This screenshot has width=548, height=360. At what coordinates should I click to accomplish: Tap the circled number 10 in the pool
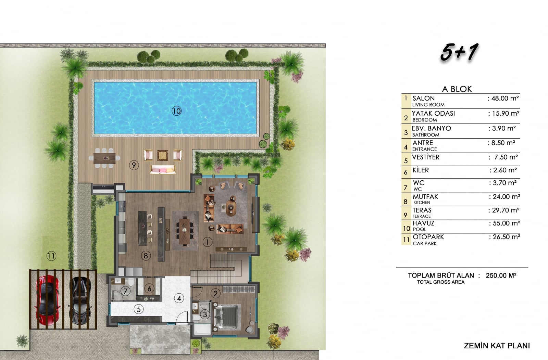click(x=176, y=111)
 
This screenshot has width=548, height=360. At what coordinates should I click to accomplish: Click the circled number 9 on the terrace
click(x=134, y=165)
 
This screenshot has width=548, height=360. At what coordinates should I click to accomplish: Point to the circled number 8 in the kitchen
click(x=146, y=256)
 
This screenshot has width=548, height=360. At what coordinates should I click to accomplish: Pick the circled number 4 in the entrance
click(x=179, y=298)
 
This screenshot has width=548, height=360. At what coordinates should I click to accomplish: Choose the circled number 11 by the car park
click(x=51, y=256)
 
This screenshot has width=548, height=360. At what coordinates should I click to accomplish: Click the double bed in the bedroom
click(x=226, y=317)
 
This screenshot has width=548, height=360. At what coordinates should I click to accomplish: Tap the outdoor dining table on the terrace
click(x=104, y=158)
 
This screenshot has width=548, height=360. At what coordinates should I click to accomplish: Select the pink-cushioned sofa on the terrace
click(x=163, y=169)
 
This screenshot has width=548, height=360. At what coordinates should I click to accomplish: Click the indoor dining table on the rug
click(x=185, y=231)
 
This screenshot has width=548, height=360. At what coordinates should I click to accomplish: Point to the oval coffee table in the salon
click(x=231, y=208)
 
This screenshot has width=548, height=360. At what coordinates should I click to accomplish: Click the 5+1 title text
click(x=459, y=52)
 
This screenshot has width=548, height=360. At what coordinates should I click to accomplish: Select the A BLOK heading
click(x=457, y=89)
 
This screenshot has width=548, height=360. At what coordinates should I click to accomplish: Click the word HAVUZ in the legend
click(x=423, y=223)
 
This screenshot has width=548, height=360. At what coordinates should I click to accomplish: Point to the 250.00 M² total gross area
click(x=501, y=275)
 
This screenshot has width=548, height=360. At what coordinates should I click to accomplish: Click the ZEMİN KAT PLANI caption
click(x=497, y=346)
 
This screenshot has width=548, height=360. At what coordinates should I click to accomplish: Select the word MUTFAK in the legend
click(x=425, y=196)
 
